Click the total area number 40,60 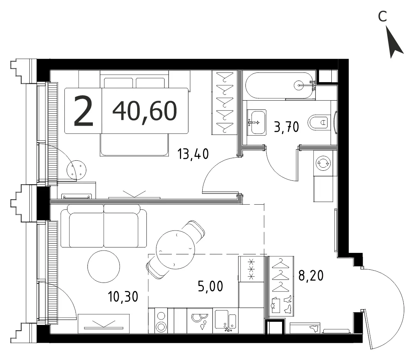pos(145,111)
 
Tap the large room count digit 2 pos(83,111)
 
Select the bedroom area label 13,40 pos(193,154)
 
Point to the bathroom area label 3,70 pos(286,127)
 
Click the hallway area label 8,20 pos(311,276)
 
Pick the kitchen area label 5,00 pos(210,286)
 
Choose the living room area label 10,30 pos(123,296)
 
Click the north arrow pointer pos(393,42)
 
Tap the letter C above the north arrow pos(383,17)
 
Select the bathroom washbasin pos(256,122)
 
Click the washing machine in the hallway pos(323,163)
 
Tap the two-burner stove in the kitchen pos(161,321)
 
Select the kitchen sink pos(225,321)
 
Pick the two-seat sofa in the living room pos(104,226)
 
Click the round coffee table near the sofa pos(104,266)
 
